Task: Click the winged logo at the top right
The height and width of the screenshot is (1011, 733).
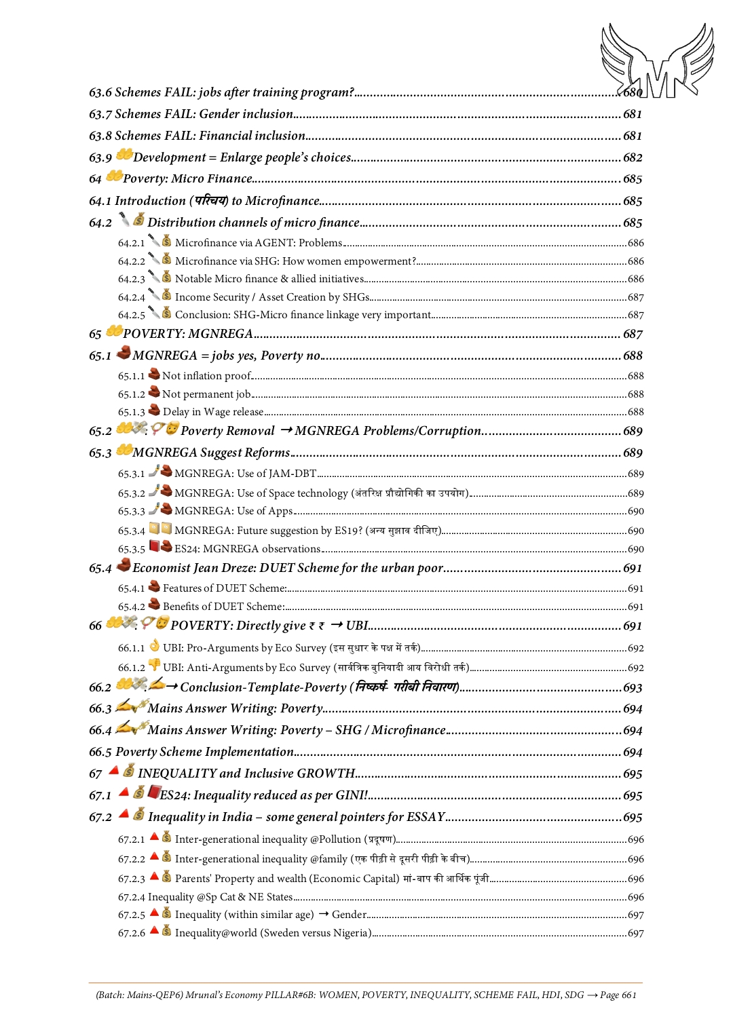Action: coord(657,61)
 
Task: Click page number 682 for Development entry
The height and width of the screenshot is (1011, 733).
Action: coord(633,157)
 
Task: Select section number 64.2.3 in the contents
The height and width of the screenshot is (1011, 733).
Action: coord(131,279)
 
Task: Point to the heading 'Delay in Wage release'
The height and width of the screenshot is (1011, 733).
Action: coord(212,412)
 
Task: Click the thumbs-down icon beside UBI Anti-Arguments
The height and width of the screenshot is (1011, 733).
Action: coord(155,666)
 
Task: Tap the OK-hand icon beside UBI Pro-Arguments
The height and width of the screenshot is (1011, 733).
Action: coord(155,646)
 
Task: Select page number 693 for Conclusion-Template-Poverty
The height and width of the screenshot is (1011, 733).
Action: coord(633,687)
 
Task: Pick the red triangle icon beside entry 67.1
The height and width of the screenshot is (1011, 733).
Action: coord(124,792)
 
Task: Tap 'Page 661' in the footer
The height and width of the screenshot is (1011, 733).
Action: coord(618,995)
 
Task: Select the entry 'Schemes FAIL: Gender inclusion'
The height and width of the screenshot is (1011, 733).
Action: coord(204,114)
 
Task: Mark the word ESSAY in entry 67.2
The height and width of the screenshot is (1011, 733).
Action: coord(426,817)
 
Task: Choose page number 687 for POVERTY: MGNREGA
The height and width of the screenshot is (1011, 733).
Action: coord(633,334)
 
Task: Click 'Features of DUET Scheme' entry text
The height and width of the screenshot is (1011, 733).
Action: coord(224,588)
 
